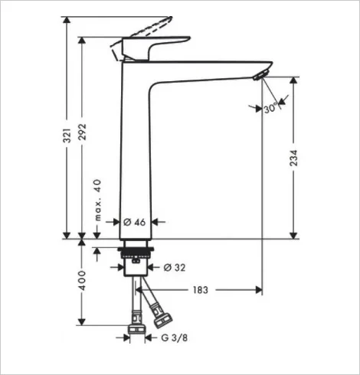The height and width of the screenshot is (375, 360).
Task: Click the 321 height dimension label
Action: tap(67, 135)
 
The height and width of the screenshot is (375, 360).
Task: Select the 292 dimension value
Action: tap(82, 132)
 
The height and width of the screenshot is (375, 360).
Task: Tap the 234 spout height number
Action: tap(293, 158)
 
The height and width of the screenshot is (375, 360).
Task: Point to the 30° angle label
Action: tap(270, 108)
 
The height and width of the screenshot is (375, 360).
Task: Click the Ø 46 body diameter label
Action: tap(135, 222)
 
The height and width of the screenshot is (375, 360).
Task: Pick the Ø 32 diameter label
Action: tap(175, 268)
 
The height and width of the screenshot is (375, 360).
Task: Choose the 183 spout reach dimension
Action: tap(201, 290)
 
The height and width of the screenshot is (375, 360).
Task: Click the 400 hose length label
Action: tap(82, 281)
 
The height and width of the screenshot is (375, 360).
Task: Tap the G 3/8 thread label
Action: tap(175, 337)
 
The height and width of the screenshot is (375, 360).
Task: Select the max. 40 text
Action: tap(97, 201)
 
